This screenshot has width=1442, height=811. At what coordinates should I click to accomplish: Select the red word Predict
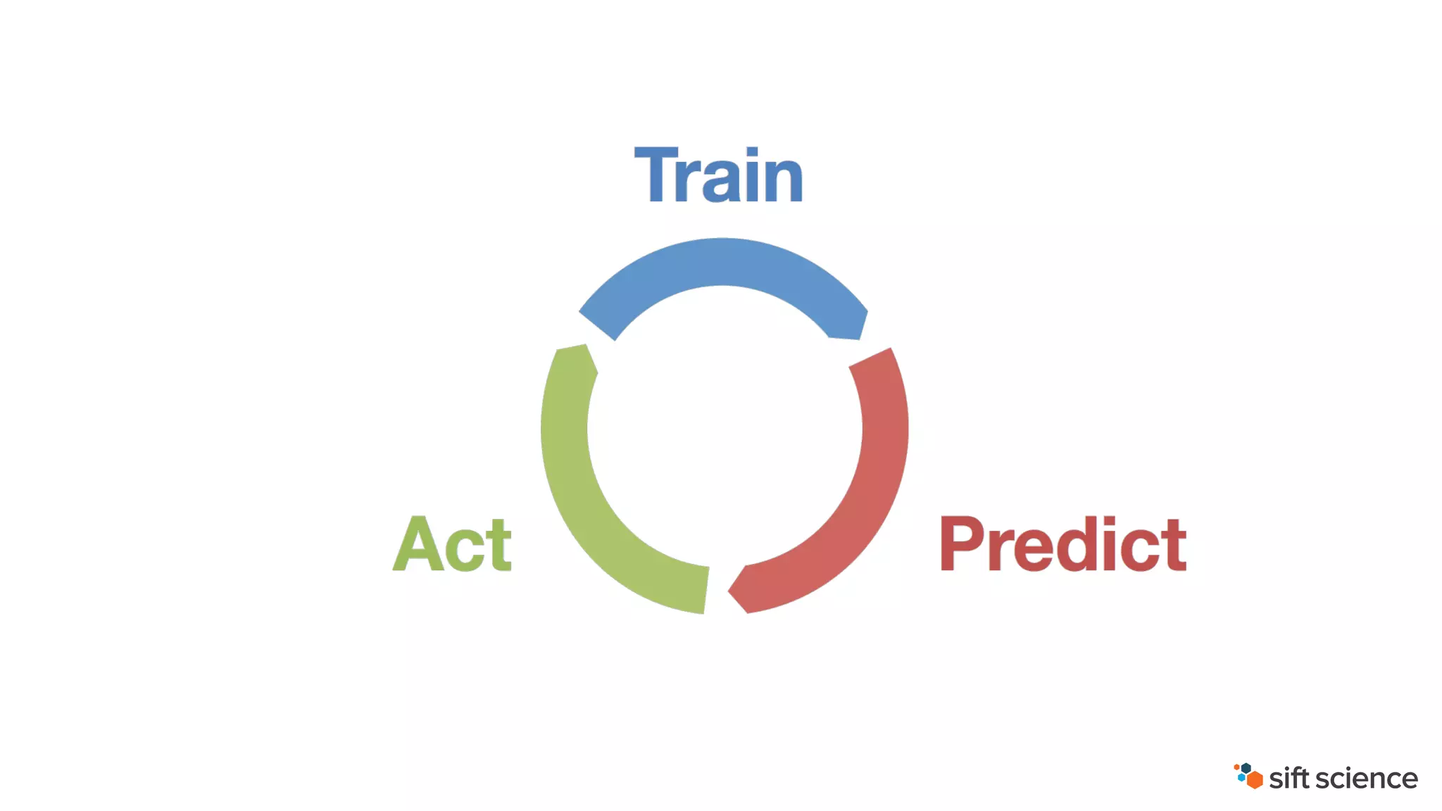(1062, 543)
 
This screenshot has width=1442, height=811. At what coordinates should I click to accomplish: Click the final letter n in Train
(783, 181)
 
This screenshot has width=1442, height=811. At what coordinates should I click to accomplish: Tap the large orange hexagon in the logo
(1254, 780)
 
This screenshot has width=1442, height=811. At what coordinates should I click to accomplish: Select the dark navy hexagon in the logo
(1246, 768)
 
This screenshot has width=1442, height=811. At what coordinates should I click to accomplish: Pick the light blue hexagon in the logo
(1241, 778)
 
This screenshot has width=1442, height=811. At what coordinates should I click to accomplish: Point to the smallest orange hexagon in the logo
(1236, 767)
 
